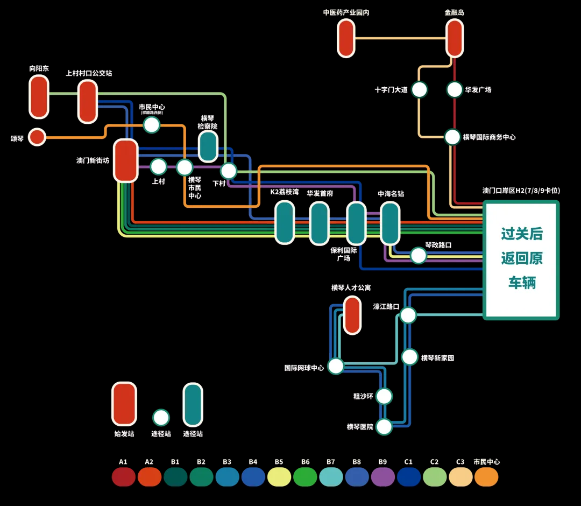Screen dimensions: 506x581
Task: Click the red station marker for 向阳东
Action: click(39, 97)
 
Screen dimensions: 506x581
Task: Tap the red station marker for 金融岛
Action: click(455, 38)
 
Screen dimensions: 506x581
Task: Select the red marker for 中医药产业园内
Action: click(346, 38)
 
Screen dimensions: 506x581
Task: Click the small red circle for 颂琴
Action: click(37, 137)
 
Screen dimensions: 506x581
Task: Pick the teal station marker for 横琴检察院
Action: click(208, 146)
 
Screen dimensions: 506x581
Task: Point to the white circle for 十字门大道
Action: click(419, 89)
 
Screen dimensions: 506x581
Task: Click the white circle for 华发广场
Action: click(455, 89)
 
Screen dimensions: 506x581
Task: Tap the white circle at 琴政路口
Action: click(419, 255)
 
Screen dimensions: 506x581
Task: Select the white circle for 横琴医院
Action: click(384, 427)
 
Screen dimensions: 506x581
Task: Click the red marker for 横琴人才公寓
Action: click(352, 315)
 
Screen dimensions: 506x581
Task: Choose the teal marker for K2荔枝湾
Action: click(285, 222)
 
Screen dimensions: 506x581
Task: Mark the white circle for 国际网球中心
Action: click(336, 366)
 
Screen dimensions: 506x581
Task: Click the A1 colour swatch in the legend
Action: click(123, 477)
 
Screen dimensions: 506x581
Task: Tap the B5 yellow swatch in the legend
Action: click(279, 477)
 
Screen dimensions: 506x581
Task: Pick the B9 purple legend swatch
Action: click(382, 477)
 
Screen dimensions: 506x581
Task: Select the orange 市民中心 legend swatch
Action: click(486, 477)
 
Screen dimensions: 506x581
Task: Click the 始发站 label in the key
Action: click(124, 433)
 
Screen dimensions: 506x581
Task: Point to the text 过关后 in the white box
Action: click(522, 234)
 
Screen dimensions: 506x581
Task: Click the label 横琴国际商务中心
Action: click(489, 137)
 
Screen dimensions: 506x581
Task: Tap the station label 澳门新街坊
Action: click(93, 160)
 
